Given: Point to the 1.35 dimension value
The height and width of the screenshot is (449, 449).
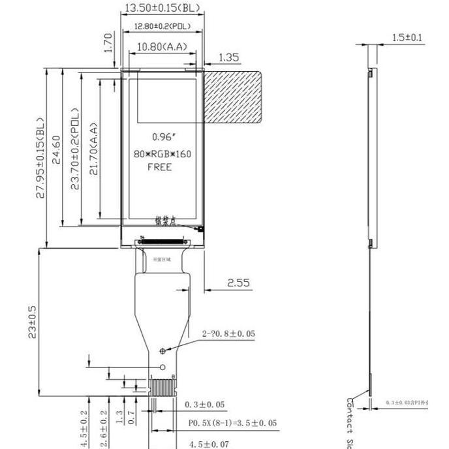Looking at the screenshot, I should [x=228, y=57].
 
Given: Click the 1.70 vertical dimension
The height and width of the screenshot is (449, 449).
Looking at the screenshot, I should [x=109, y=42].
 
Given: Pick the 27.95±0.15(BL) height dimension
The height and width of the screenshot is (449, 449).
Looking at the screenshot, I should [x=41, y=159].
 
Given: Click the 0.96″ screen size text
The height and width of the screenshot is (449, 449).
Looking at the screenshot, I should [x=164, y=138].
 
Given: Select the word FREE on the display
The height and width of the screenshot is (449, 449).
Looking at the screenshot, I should [x=161, y=167].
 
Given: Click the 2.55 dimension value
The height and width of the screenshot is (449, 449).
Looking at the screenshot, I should [x=238, y=283].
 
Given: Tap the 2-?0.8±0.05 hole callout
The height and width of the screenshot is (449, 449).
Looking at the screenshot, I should [x=228, y=333].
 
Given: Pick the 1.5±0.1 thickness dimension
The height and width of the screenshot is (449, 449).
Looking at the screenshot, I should [x=407, y=37].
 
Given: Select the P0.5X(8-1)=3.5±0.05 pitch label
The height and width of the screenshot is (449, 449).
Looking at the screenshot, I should [x=232, y=423].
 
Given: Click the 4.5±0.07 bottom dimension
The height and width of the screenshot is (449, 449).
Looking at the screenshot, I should [x=209, y=444].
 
